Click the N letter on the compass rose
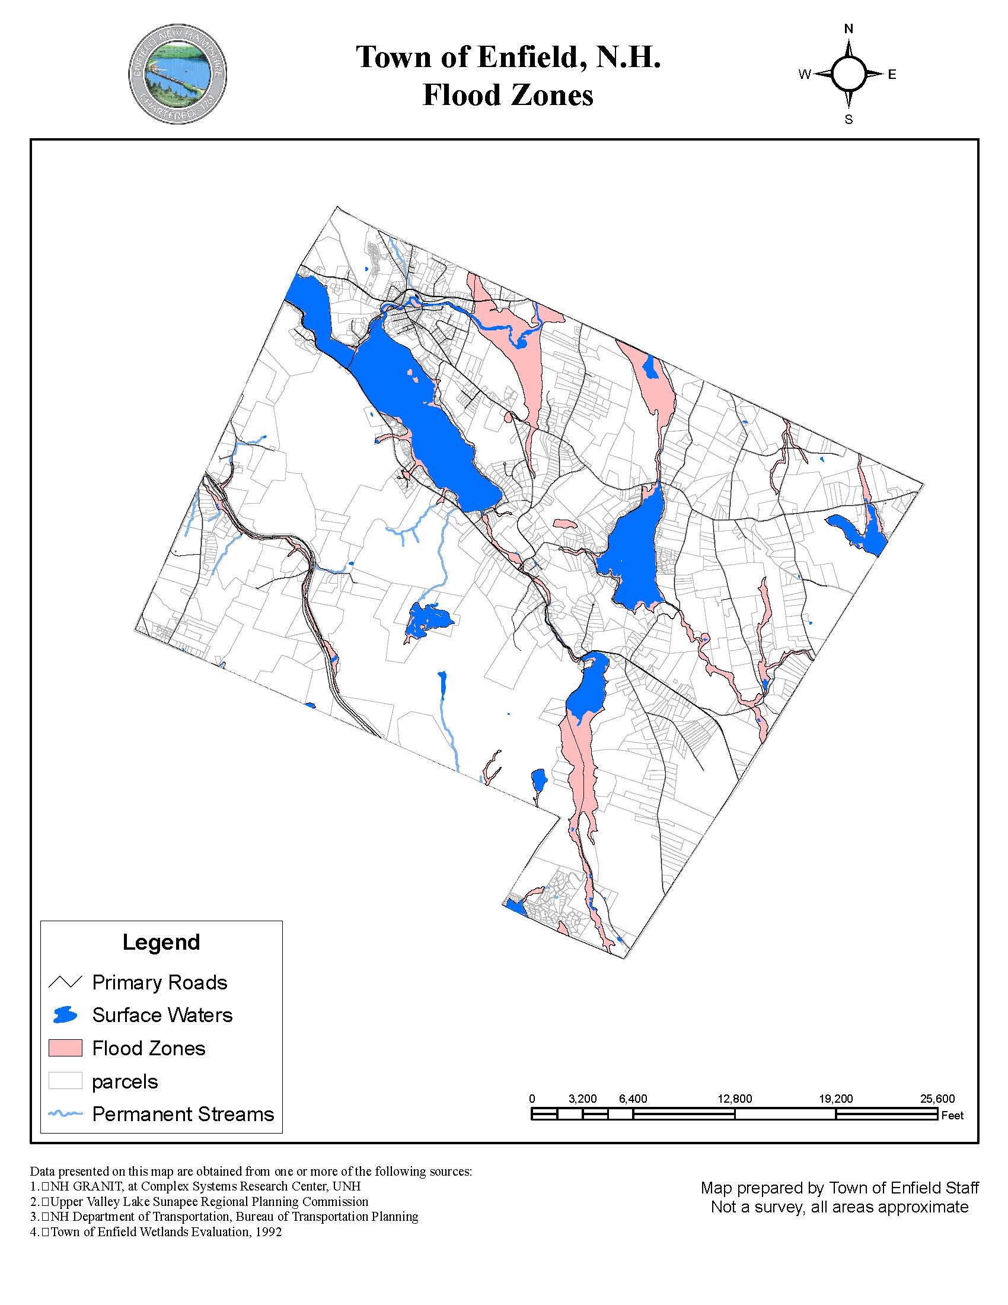848,29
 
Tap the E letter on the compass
892,75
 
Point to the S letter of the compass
848,119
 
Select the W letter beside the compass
805,75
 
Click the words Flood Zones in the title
508,96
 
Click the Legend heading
161,943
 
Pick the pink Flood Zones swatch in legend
65,1048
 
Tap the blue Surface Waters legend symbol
65,1014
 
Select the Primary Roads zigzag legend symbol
65,982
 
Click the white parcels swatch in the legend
65,1081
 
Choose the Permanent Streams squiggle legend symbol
65,1114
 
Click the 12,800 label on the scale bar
735,1098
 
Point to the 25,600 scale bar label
937,1098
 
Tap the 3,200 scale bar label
583,1098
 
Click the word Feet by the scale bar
952,1115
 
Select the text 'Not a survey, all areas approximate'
840,1207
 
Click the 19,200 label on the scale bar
836,1098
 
